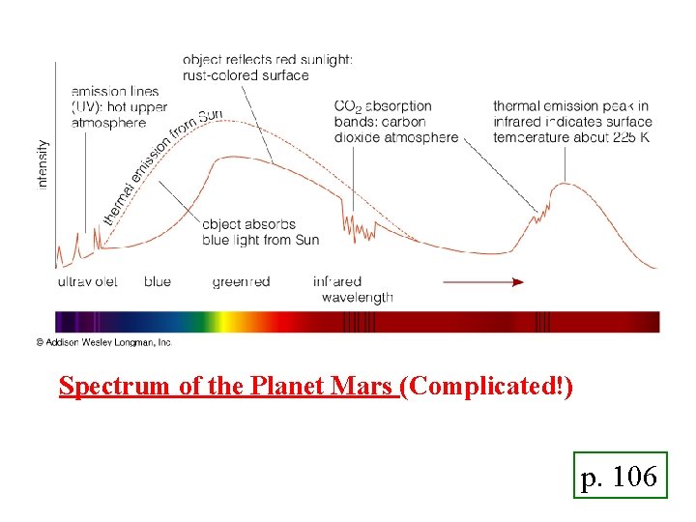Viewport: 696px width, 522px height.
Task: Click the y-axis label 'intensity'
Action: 43,163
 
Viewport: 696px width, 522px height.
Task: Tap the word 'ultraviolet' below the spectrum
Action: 88,281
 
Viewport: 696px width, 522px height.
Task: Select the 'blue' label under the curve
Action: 158,281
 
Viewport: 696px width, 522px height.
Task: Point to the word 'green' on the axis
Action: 229,281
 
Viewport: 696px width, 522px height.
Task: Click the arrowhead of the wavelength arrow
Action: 518,281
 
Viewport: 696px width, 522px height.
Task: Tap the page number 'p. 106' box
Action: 620,476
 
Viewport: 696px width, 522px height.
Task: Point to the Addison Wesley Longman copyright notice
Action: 103,341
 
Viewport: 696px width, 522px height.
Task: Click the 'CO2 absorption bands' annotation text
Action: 395,122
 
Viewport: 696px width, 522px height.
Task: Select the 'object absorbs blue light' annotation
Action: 260,232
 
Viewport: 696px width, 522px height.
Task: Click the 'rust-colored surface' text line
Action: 246,75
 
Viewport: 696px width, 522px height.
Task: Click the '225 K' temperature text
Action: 632,137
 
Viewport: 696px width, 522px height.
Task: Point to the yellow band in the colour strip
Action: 221,321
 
